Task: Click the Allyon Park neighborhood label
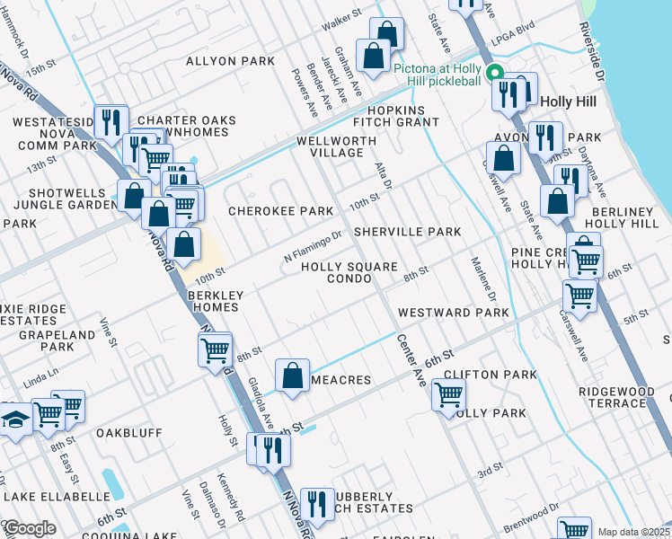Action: (229, 61)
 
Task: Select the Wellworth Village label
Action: (337, 146)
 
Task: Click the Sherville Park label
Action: (407, 231)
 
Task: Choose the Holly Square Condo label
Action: (349, 272)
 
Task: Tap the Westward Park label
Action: (453, 313)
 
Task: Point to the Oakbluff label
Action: (129, 432)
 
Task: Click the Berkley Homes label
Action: (213, 300)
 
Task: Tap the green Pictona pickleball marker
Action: (493, 74)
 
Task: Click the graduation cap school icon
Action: (15, 419)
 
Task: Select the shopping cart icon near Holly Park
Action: (447, 393)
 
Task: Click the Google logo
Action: (29, 528)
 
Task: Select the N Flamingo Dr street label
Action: (314, 246)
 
